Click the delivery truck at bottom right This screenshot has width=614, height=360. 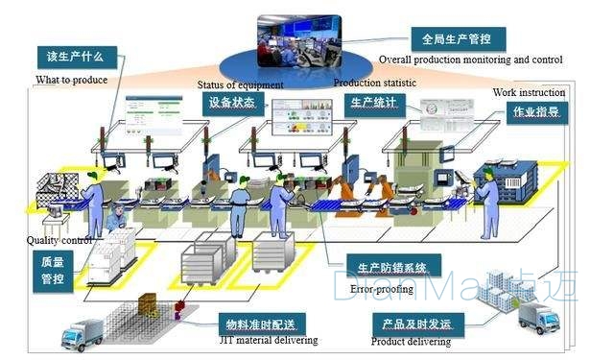point(539,318)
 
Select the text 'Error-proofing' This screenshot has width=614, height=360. point(382,288)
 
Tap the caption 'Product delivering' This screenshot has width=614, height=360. point(411,342)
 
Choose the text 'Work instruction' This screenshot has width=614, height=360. point(529,92)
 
